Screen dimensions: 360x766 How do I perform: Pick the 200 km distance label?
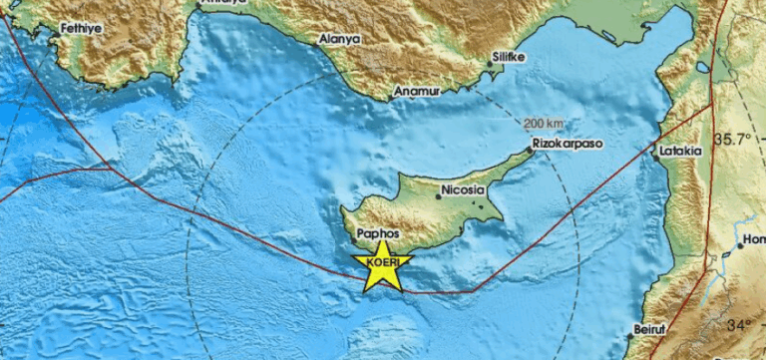point(543,123)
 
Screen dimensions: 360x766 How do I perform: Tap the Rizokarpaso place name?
point(569,143)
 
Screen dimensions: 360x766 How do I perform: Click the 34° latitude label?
point(740,326)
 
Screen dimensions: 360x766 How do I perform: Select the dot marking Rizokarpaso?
point(530,151)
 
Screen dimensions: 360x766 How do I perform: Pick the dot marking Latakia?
point(656,153)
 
